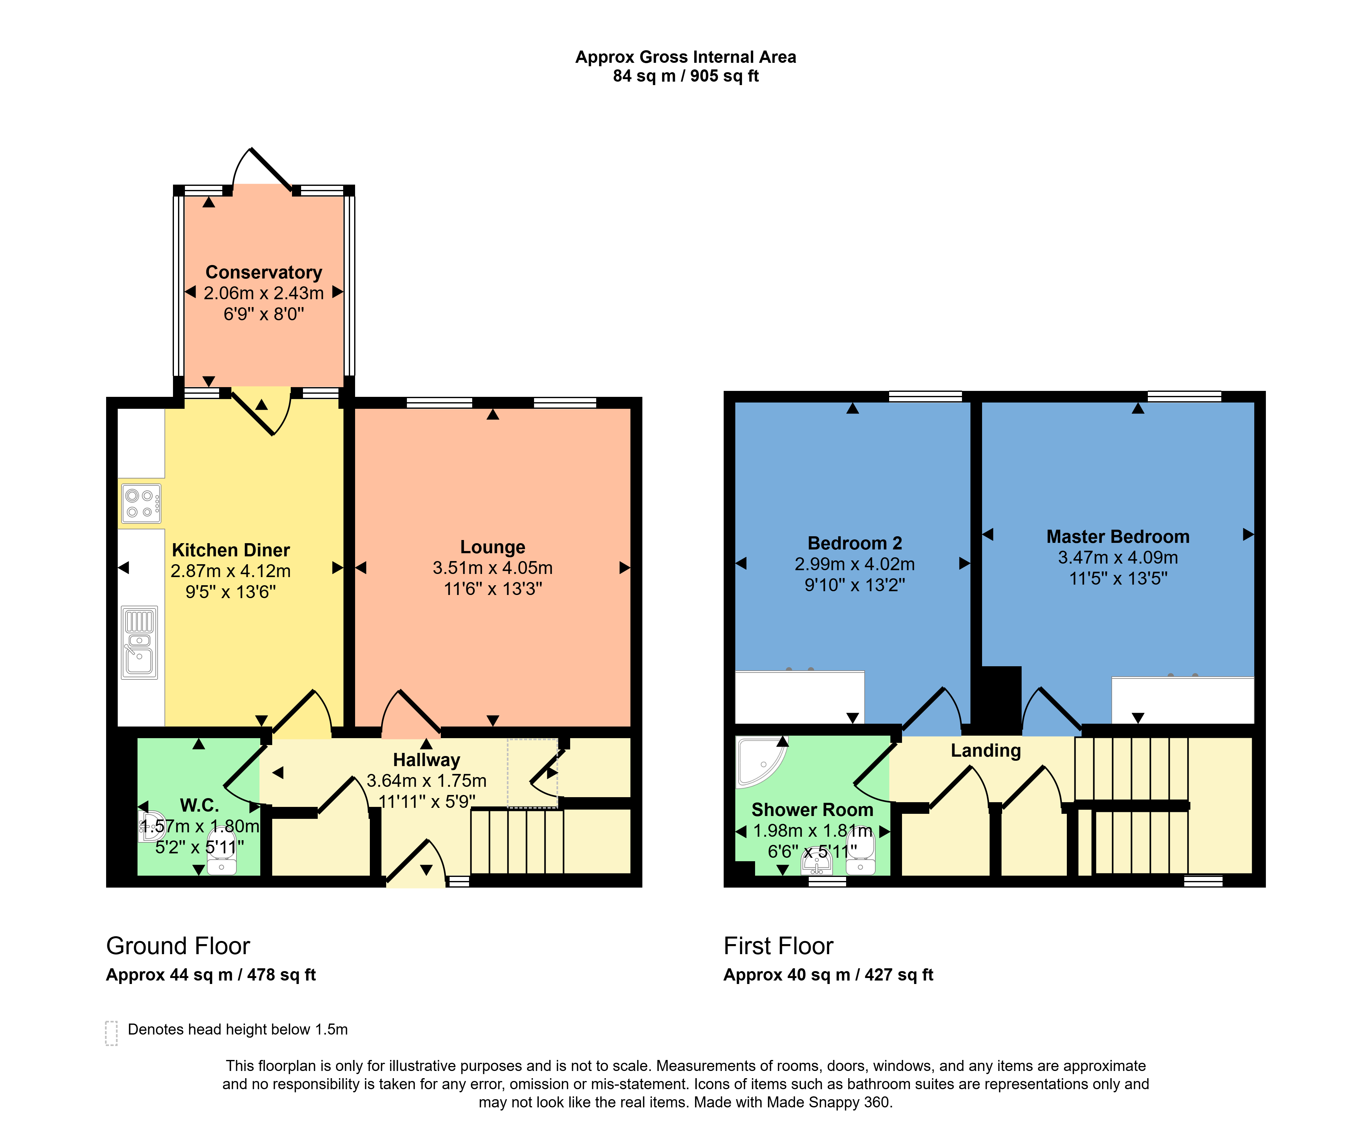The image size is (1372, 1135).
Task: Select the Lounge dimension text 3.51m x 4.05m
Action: click(x=493, y=568)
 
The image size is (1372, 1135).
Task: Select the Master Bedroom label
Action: click(x=1118, y=537)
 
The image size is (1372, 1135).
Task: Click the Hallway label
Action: click(x=427, y=760)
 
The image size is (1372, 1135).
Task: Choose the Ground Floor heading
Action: click(x=178, y=945)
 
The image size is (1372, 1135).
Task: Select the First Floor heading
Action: click(x=778, y=945)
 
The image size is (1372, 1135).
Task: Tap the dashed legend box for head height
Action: click(x=111, y=1033)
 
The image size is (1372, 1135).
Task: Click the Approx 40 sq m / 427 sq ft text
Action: click(x=828, y=975)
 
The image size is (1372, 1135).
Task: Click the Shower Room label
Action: click(x=812, y=810)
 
